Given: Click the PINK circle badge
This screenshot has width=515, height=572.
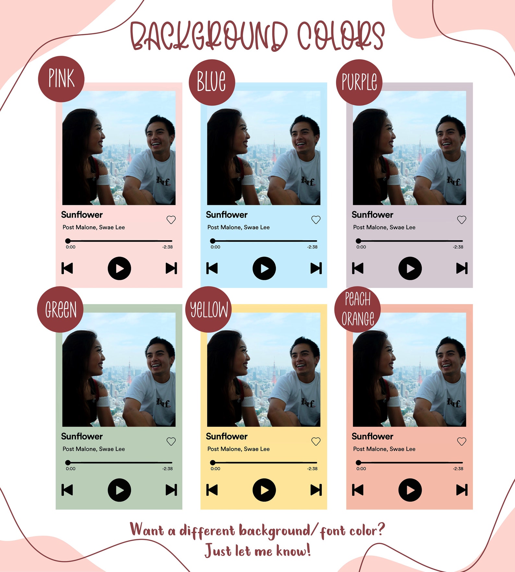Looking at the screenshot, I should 61,79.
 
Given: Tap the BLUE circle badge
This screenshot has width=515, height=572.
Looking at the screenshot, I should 212,82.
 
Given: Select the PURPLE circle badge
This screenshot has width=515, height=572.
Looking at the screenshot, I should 359,82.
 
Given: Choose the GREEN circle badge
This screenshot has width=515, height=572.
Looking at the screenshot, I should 60,309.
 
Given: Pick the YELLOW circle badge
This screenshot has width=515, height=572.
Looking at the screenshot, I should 209,309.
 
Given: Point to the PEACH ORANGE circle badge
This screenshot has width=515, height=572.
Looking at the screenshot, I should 357,309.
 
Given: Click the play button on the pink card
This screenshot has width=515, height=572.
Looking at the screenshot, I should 119,268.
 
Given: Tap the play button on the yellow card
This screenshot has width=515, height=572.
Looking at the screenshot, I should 264,490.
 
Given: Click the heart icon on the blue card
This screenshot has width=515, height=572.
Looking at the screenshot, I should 316,220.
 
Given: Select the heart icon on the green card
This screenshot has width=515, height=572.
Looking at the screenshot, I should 171,441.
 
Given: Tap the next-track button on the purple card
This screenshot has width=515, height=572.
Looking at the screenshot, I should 462,268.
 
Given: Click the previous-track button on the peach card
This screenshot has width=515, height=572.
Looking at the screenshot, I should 358,490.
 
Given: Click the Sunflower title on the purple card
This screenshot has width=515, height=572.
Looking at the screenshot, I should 372,215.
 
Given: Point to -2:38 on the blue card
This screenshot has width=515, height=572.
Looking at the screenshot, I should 312,247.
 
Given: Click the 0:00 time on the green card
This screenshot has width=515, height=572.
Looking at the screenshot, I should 71,469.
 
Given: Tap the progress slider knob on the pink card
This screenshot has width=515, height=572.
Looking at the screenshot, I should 68,241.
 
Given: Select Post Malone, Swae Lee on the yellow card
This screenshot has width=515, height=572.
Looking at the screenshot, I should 238,449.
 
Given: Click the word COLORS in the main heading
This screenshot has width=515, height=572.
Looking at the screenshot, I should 341,36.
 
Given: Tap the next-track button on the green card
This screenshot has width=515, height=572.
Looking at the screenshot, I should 171,490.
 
